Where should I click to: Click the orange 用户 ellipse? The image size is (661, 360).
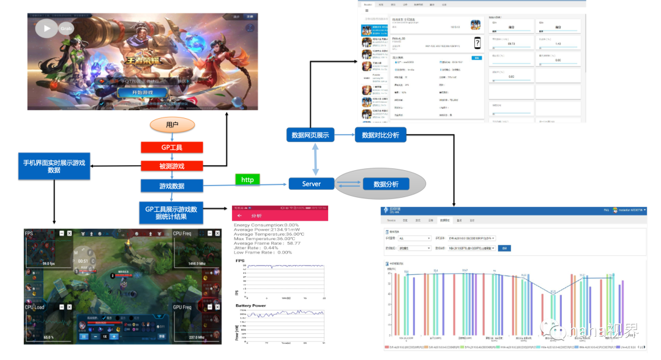(172, 126)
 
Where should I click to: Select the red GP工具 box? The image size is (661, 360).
(171, 148)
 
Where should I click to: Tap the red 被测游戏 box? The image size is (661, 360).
(171, 166)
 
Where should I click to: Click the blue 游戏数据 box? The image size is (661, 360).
(171, 186)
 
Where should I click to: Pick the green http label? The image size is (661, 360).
(247, 179)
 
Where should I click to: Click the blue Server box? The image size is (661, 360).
(311, 184)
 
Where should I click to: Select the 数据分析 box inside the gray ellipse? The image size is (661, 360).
(386, 184)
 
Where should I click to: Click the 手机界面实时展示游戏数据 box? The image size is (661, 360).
(54, 167)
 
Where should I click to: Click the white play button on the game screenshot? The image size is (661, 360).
(47, 28)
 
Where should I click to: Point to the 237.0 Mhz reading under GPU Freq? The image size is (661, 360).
(196, 337)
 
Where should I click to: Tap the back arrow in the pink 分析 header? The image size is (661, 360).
(240, 216)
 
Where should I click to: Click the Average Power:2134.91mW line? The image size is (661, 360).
(266, 230)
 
